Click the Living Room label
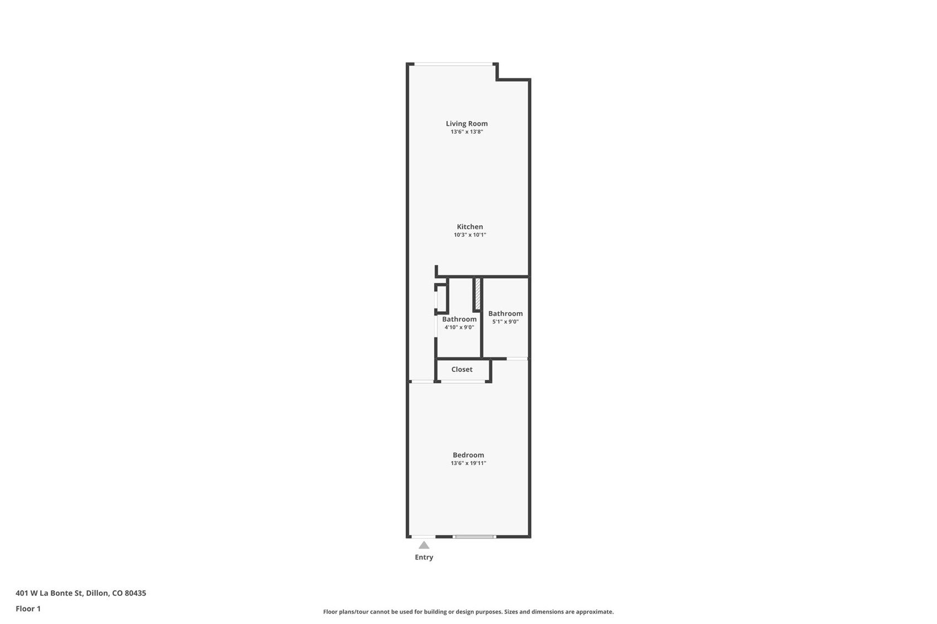(x=467, y=124)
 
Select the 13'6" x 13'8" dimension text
(x=467, y=132)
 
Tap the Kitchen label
(x=470, y=227)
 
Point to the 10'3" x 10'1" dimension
(x=470, y=235)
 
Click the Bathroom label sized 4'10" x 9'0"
(x=459, y=319)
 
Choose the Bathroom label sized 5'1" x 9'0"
(x=505, y=313)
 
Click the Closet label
(x=462, y=370)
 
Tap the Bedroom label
(x=468, y=455)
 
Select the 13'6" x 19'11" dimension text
(x=468, y=463)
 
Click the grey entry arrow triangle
(x=423, y=545)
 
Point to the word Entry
(x=423, y=557)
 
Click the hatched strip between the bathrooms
(x=478, y=294)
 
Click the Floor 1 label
(x=28, y=609)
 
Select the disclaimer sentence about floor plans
(x=468, y=611)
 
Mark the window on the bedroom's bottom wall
(x=474, y=536)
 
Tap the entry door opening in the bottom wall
(x=423, y=536)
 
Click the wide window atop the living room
(x=453, y=64)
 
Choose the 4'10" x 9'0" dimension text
(x=459, y=327)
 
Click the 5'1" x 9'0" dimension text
(x=505, y=322)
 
